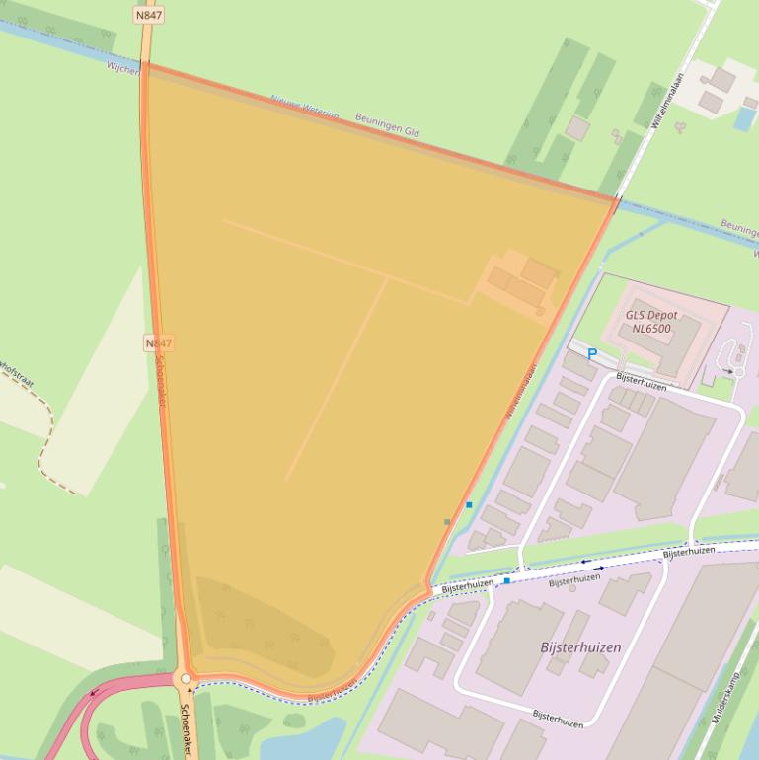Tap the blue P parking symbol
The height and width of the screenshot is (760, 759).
pos(592,354)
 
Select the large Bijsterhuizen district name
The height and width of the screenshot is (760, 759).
pos(580,647)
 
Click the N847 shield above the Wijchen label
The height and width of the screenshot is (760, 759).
pos(148,16)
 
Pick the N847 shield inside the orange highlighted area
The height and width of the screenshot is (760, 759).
pos(158,343)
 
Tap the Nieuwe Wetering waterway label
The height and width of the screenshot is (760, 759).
pos(304,108)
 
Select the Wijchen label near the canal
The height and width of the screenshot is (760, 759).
pos(122,68)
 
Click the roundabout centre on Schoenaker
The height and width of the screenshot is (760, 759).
pos(185,678)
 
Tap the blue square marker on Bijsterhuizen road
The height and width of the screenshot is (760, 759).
pos(507,581)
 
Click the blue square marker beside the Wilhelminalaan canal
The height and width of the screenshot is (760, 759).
pos(469,505)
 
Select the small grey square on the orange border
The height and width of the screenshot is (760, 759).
pos(447,522)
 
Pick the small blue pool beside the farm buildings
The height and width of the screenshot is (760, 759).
pos(745,117)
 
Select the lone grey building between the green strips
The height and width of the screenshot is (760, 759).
pos(577,127)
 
